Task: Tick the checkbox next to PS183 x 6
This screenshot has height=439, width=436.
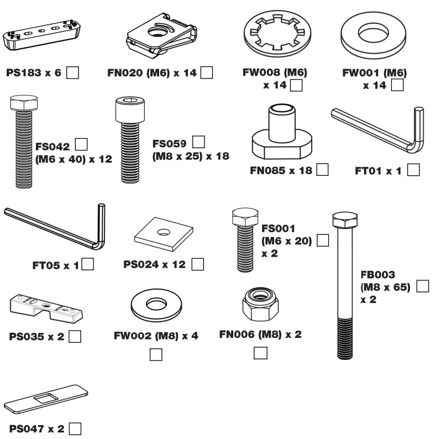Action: [x=72, y=72]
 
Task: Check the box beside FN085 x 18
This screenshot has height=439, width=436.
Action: [x=322, y=170]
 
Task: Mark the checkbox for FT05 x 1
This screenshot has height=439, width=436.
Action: [x=87, y=264]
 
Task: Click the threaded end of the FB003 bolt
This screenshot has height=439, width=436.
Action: [x=346, y=337]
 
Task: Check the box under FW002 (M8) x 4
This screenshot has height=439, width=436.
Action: [x=156, y=354]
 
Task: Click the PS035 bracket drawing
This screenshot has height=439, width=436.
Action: [x=44, y=308]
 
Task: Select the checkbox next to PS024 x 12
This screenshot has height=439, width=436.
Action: [x=197, y=264]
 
